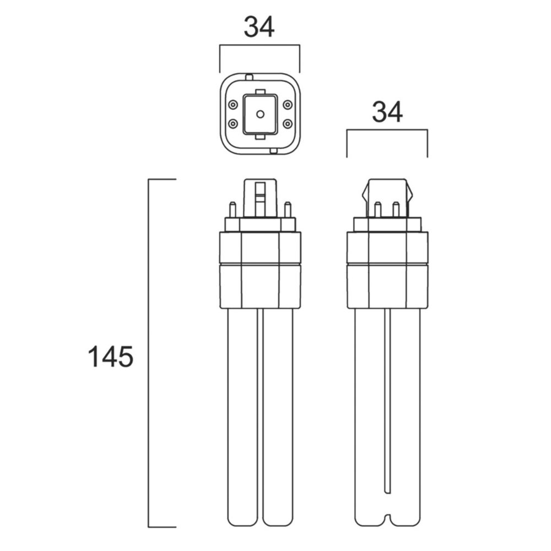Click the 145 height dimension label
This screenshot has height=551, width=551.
click(x=110, y=356)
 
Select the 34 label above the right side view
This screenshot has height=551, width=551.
click(x=387, y=112)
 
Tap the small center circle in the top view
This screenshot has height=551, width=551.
click(x=260, y=114)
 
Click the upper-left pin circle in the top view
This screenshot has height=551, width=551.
click(x=233, y=105)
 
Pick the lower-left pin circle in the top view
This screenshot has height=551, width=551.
click(x=233, y=123)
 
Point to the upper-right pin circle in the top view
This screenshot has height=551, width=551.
click(x=288, y=105)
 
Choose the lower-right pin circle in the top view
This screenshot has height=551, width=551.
click(x=288, y=123)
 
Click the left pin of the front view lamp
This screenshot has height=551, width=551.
click(x=233, y=210)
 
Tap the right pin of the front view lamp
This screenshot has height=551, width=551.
click(x=288, y=210)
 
